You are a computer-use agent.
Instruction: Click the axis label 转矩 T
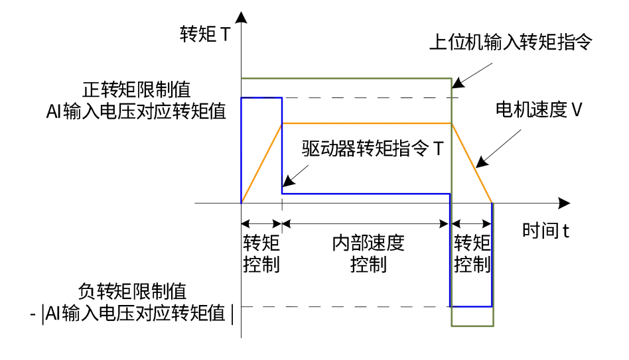pyautogui.click(x=205, y=34)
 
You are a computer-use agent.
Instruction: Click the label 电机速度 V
pyautogui.click(x=539, y=110)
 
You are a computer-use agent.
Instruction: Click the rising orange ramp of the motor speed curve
pyautogui.click(x=261, y=163)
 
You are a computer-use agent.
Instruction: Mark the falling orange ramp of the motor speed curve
pyautogui.click(x=472, y=163)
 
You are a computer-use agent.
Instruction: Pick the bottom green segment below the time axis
pyautogui.click(x=472, y=326)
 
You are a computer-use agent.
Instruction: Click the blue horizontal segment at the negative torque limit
pyautogui.click(x=472, y=306)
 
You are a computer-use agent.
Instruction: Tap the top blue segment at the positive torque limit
pyautogui.click(x=261, y=97)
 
